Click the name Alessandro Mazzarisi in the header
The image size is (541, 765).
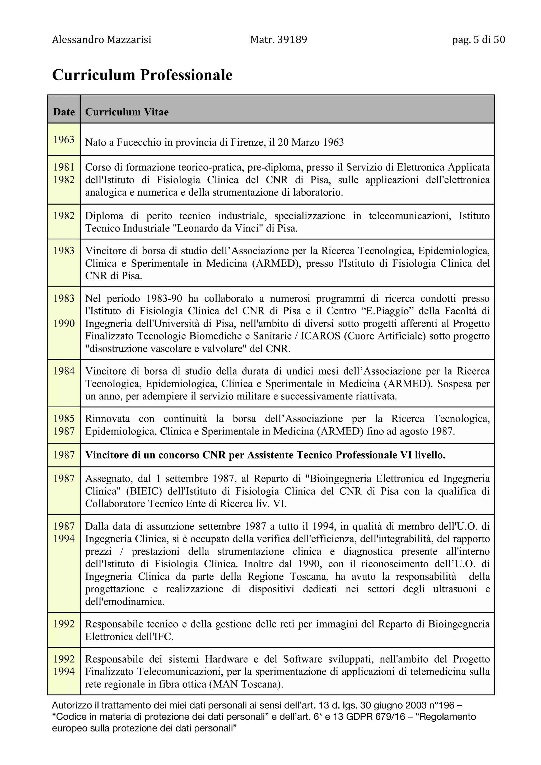(x=101, y=40)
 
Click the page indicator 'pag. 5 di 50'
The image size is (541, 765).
(x=478, y=40)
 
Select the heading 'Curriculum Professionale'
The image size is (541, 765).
(x=142, y=75)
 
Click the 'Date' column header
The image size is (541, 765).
(x=64, y=112)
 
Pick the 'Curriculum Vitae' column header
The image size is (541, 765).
(x=127, y=112)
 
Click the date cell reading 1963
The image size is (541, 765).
(x=64, y=140)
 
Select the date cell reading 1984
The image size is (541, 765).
(x=64, y=371)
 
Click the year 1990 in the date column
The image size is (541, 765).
(x=64, y=324)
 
